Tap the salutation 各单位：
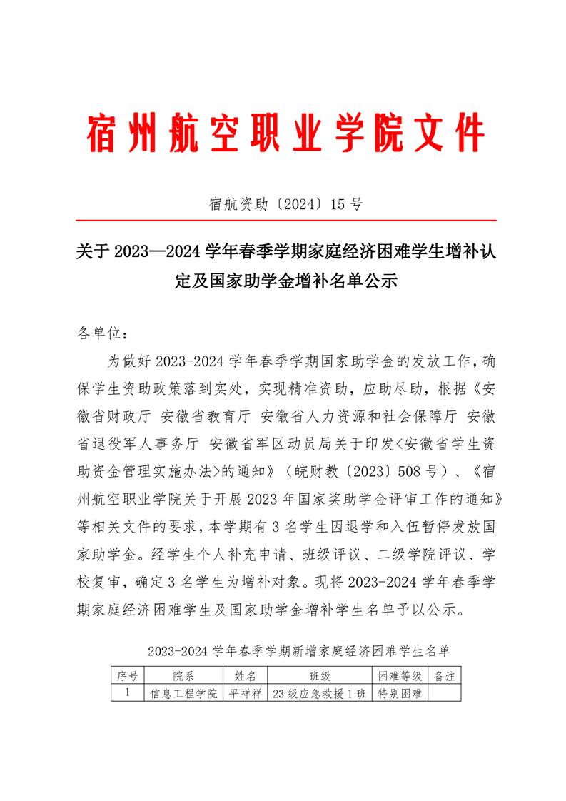tap(102, 333)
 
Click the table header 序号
tap(126, 676)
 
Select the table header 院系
tap(183, 676)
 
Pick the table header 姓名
tap(245, 676)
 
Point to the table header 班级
tap(319, 676)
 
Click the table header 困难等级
tap(400, 676)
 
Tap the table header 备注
tap(445, 676)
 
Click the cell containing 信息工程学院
tap(183, 693)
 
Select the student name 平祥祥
tap(245, 693)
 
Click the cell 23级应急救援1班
tap(319, 693)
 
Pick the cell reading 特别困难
tap(400, 693)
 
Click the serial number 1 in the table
tap(126, 692)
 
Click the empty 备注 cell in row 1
tap(445, 693)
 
